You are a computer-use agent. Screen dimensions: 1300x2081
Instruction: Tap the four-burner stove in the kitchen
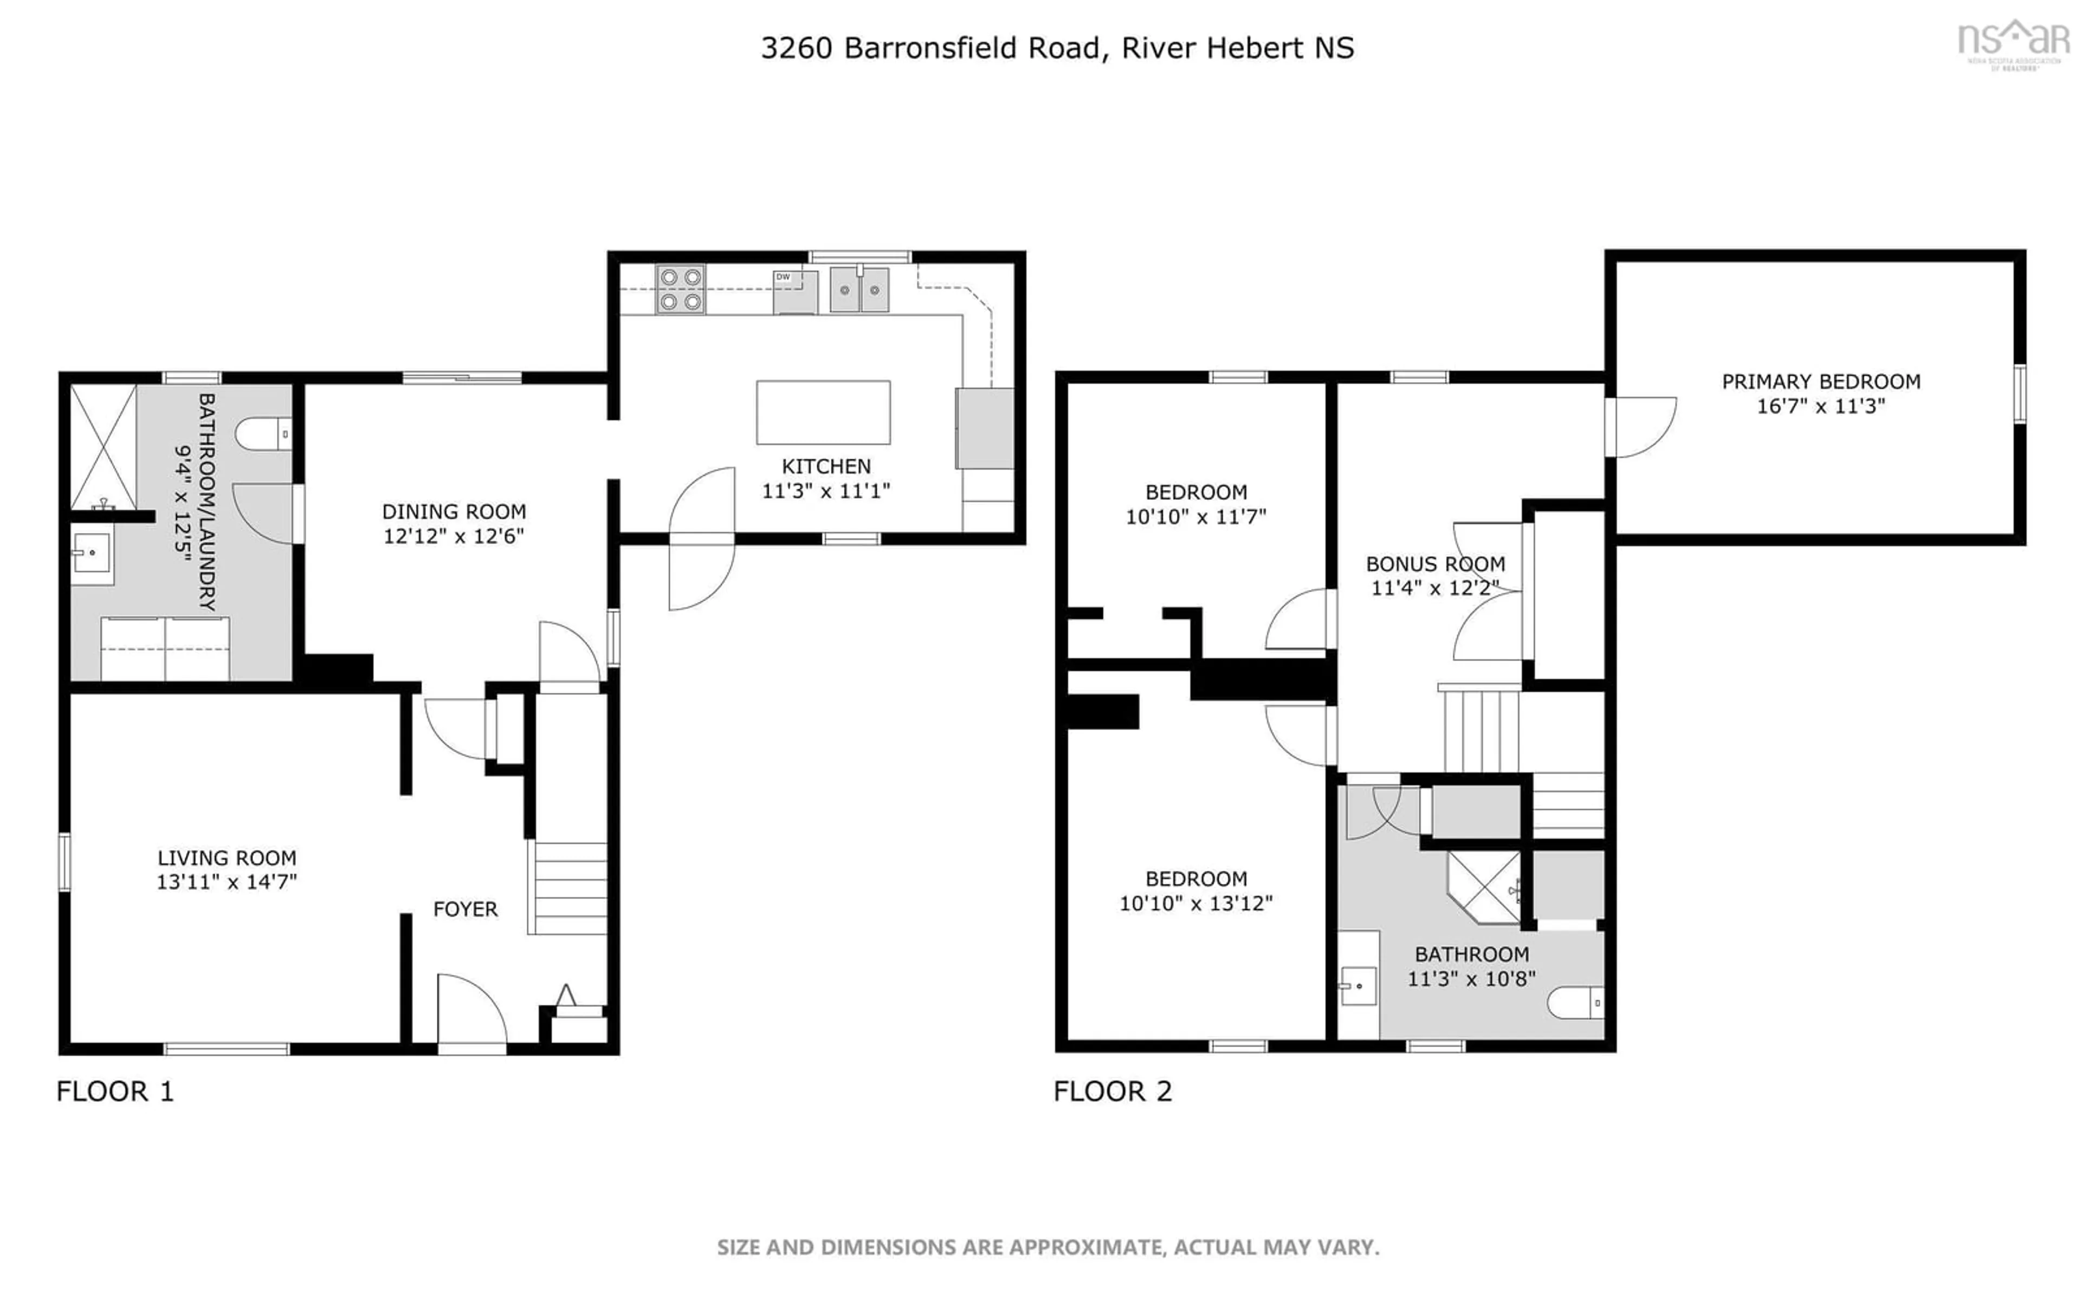click(x=680, y=289)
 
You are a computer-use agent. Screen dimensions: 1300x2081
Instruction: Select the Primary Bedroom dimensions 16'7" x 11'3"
click(x=1820, y=406)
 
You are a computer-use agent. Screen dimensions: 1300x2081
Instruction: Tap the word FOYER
click(x=465, y=909)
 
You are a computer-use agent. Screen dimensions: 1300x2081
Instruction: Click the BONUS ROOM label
click(x=1435, y=564)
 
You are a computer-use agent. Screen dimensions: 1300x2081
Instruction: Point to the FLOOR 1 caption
click(x=115, y=1091)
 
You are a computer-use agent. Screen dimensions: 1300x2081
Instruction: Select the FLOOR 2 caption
click(x=1113, y=1091)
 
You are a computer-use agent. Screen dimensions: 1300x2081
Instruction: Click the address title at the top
click(x=1057, y=48)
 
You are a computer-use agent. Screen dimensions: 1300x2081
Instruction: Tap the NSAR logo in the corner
click(x=2014, y=43)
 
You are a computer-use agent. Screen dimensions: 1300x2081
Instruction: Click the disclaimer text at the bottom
click(x=1048, y=1247)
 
